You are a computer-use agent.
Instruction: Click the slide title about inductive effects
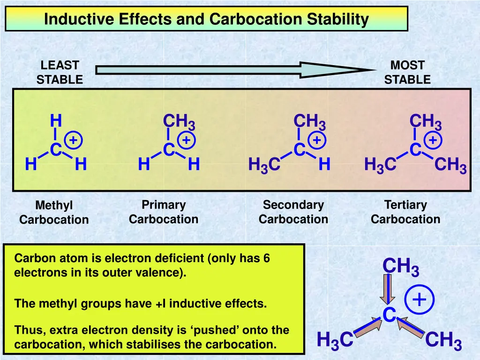click(206, 19)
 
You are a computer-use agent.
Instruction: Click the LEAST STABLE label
click(60, 72)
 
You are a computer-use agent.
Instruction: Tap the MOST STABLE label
click(407, 72)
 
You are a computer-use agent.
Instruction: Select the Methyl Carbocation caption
click(54, 212)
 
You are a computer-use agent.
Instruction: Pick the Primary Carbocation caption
click(164, 212)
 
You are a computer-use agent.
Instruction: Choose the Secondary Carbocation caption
click(293, 212)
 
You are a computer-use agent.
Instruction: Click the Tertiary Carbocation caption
click(405, 212)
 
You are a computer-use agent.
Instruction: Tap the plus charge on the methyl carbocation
click(73, 140)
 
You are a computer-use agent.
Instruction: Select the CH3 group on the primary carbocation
click(179, 122)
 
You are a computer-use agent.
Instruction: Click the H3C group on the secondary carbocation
click(264, 165)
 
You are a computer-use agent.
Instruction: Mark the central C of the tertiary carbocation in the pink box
click(415, 150)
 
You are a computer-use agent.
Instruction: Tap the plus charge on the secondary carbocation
click(317, 140)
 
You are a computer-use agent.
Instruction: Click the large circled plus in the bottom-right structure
click(420, 299)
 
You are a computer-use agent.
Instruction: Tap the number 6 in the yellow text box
click(266, 258)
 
